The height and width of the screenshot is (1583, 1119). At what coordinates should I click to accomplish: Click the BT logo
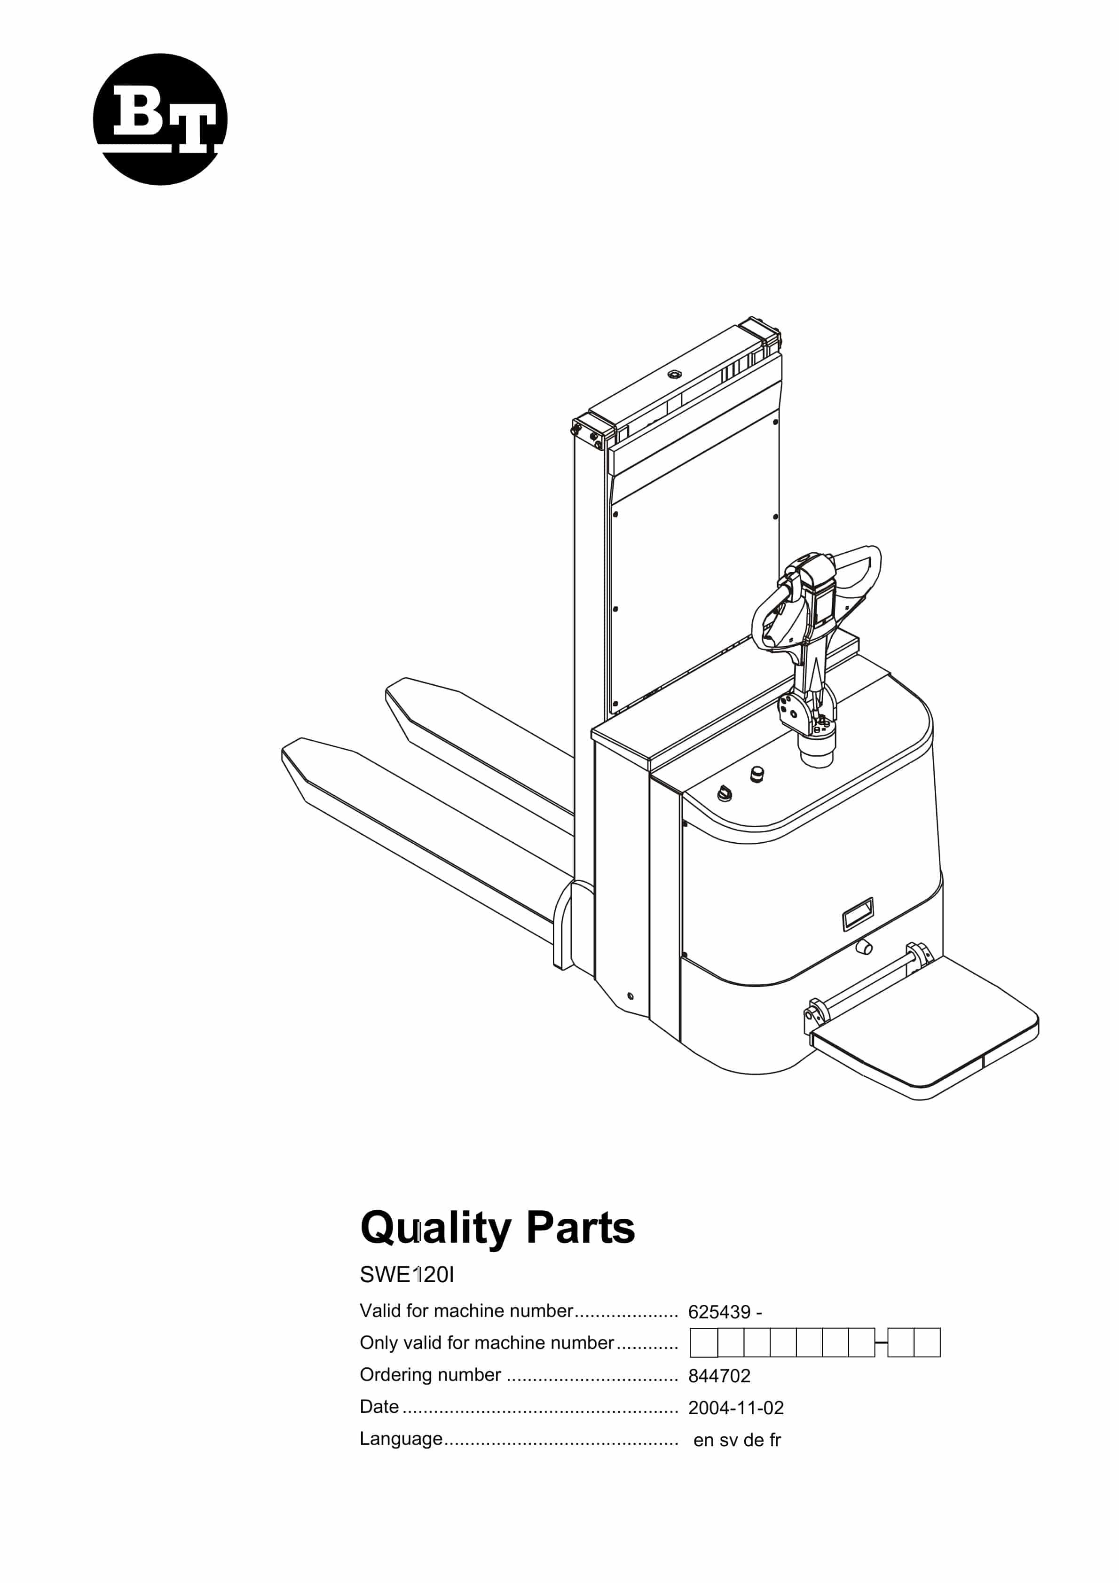click(160, 119)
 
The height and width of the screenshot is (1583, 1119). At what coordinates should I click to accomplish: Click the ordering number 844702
click(719, 1376)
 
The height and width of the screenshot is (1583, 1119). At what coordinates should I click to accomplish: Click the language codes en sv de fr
click(737, 1440)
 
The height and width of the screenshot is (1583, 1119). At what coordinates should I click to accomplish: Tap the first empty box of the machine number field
click(704, 1343)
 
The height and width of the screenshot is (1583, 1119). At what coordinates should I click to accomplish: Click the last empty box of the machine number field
click(927, 1343)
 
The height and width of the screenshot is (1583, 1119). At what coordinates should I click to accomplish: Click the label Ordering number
click(430, 1375)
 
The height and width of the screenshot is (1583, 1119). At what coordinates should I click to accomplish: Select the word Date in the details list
click(379, 1406)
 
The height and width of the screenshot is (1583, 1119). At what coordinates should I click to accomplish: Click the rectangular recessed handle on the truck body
click(858, 914)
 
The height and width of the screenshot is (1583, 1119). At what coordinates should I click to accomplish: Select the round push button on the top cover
click(757, 774)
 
